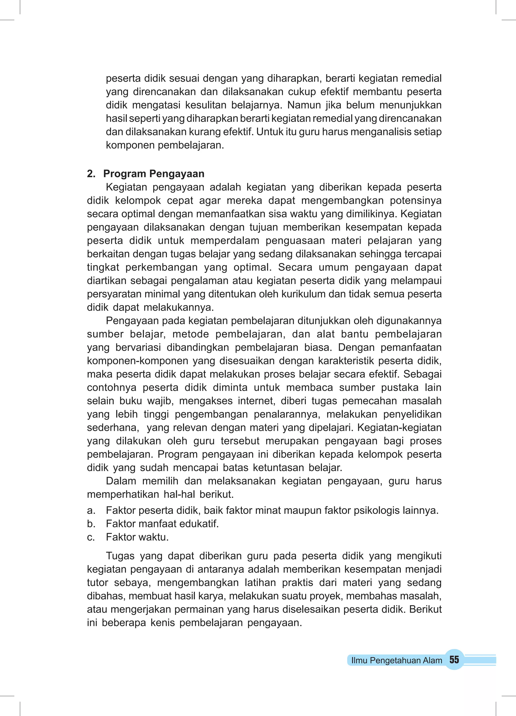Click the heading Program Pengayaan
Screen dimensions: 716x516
point(154,174)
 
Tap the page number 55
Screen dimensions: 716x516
point(454,660)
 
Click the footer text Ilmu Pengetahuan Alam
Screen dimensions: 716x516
point(397,660)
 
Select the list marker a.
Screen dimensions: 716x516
point(91,510)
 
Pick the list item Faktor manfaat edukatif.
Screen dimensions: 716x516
point(162,524)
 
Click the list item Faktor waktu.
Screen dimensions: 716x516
point(137,537)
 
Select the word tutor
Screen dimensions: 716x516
point(97,583)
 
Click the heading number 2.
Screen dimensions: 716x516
point(91,174)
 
